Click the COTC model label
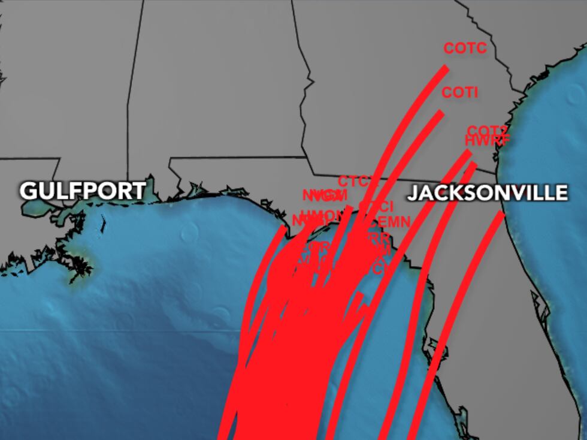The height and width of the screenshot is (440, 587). click(465, 49)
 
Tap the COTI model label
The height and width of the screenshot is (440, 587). click(459, 93)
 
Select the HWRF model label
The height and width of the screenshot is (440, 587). click(488, 141)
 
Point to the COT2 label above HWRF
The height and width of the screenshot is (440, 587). click(488, 131)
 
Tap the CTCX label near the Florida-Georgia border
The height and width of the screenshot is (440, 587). click(355, 181)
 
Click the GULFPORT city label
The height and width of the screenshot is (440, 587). click(83, 191)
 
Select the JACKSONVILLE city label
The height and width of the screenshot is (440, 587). click(487, 193)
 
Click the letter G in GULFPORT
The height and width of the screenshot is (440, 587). click(28, 191)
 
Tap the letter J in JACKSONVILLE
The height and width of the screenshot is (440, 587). click(413, 193)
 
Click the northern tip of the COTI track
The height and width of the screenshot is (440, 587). click(441, 113)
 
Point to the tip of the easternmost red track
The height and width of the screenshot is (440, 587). click(501, 214)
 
